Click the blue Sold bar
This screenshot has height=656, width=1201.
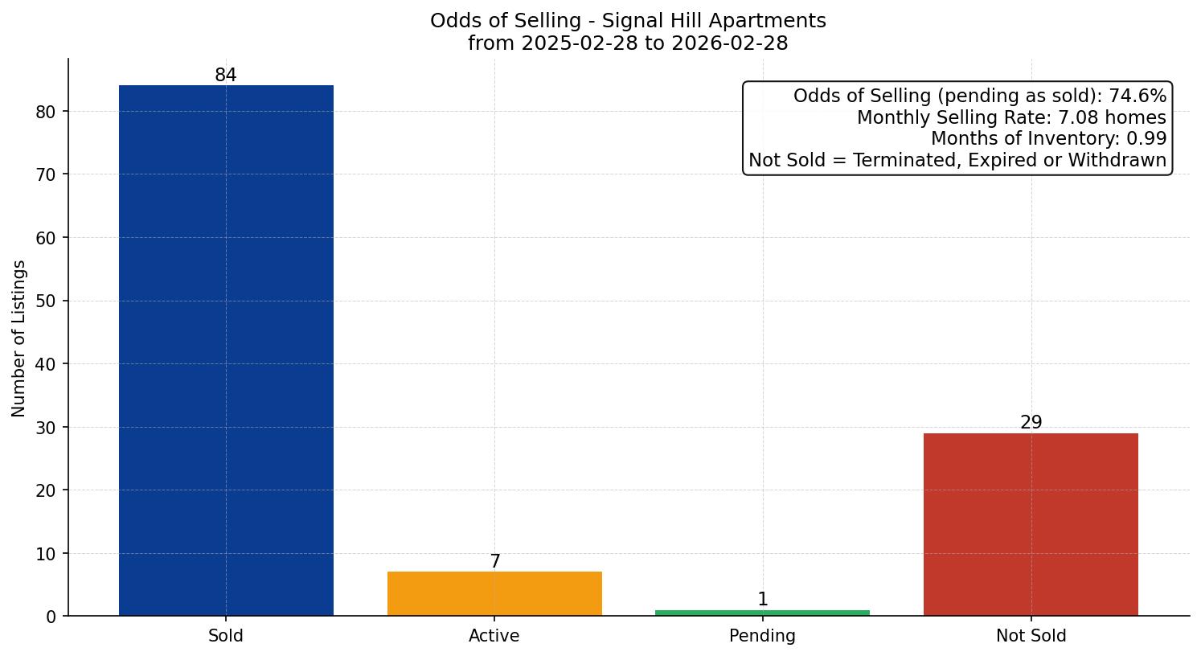click(226, 351)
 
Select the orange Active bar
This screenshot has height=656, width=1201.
click(494, 593)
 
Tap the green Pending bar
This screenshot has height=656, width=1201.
click(762, 613)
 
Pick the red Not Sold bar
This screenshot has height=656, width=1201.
click(1031, 524)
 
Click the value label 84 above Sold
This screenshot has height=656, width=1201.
click(226, 76)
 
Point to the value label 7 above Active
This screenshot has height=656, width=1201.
click(495, 562)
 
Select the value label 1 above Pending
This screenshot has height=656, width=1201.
click(763, 600)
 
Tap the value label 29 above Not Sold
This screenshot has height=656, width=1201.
click(1031, 423)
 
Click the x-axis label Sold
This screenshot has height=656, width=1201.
click(226, 636)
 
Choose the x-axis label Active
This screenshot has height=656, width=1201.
click(494, 636)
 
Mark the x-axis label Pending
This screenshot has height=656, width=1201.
click(762, 636)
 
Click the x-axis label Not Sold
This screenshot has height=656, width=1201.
click(1031, 636)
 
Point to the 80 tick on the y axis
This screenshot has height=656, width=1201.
click(47, 112)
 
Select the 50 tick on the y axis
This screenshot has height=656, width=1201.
click(47, 301)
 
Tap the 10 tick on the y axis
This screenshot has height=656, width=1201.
click(47, 554)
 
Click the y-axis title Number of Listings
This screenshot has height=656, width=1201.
click(19, 338)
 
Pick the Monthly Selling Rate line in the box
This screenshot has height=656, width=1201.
click(1011, 118)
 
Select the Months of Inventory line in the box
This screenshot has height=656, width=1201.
click(1048, 139)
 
